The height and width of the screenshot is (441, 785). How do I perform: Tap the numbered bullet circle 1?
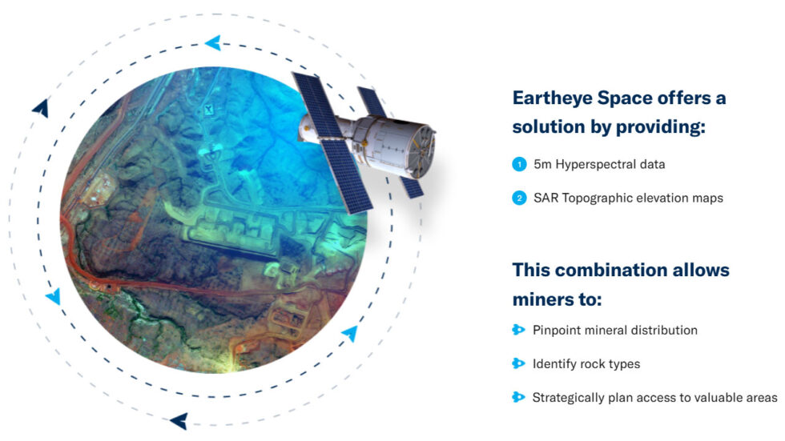click(x=519, y=164)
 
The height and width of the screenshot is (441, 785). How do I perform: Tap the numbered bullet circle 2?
click(x=519, y=198)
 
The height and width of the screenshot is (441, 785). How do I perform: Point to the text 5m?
click(x=541, y=164)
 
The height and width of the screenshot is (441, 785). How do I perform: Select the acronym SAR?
click(x=545, y=198)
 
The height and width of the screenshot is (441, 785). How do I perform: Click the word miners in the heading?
click(x=545, y=299)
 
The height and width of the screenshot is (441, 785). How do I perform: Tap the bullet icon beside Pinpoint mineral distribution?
click(x=518, y=330)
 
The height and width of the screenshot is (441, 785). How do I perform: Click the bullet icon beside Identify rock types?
click(x=518, y=363)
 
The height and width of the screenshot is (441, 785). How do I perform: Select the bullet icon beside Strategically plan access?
click(x=518, y=397)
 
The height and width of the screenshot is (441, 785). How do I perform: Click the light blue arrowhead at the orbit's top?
click(x=213, y=42)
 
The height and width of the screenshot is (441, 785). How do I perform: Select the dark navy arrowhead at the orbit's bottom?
click(x=179, y=420)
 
